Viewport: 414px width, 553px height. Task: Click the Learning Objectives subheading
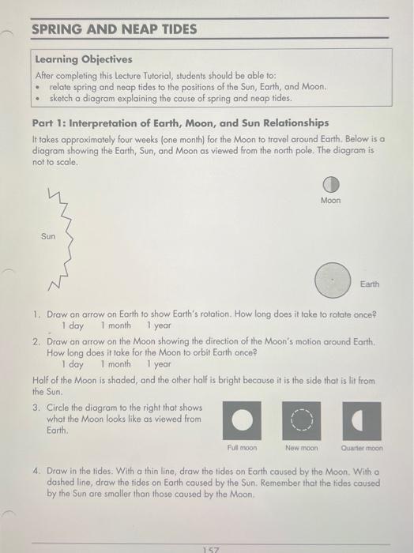pyautogui.click(x=84, y=59)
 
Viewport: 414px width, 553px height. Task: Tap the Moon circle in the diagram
pyautogui.click(x=330, y=184)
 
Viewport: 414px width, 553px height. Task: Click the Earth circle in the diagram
pyautogui.click(x=332, y=280)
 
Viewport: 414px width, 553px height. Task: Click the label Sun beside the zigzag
pyautogui.click(x=49, y=235)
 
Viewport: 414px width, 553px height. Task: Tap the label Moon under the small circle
pyautogui.click(x=331, y=201)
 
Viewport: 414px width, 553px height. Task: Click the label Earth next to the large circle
pyautogui.click(x=369, y=283)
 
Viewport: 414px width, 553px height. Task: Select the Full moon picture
pyautogui.click(x=243, y=421)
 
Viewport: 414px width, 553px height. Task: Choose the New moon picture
pyautogui.click(x=302, y=421)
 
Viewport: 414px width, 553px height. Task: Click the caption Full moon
pyautogui.click(x=243, y=447)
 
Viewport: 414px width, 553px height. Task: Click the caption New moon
pyautogui.click(x=302, y=447)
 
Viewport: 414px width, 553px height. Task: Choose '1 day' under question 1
pyautogui.click(x=72, y=325)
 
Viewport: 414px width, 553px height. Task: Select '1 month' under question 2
pyautogui.click(x=115, y=364)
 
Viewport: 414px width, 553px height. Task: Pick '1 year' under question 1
pyautogui.click(x=158, y=325)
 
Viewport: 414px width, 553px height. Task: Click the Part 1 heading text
pyautogui.click(x=180, y=122)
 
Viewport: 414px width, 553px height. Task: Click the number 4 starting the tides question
pyautogui.click(x=36, y=469)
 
